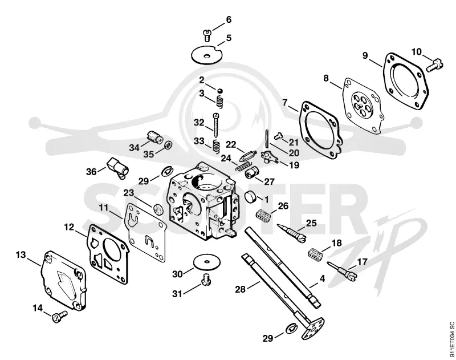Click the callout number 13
[x=21, y=255]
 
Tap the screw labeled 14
[x=59, y=316]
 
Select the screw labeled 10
[x=434, y=65]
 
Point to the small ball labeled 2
[x=220, y=91]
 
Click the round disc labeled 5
[x=207, y=54]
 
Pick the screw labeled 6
[x=207, y=35]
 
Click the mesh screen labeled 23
[x=158, y=209]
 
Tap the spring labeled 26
[x=263, y=216]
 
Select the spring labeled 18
[x=316, y=254]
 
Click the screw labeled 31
[x=206, y=280]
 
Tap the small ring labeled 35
[x=168, y=145]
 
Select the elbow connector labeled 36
[x=118, y=167]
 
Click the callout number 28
[x=241, y=289]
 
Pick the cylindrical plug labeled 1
[x=251, y=197]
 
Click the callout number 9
[x=365, y=55]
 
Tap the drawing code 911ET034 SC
[x=451, y=340]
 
